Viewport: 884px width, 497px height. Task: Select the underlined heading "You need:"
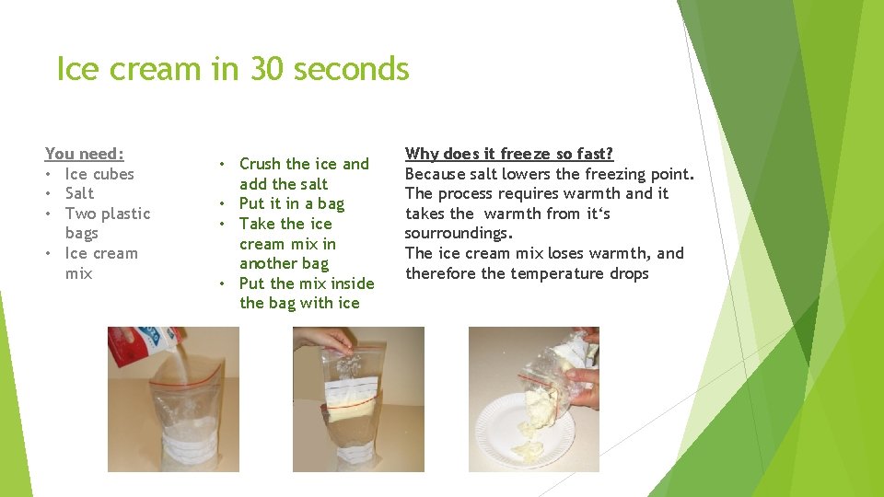(x=84, y=154)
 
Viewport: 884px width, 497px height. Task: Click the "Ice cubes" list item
(x=99, y=174)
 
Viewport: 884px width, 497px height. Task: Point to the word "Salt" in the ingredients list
(x=79, y=193)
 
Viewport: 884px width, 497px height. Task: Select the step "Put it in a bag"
(x=291, y=203)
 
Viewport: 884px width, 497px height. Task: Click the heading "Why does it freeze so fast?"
(x=509, y=154)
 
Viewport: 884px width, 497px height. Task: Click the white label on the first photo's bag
(x=175, y=451)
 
